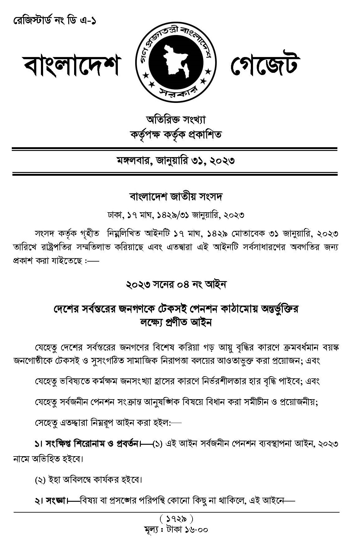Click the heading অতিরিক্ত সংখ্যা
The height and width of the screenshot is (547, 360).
coord(176,120)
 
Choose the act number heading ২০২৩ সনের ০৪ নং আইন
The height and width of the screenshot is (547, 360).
coord(176,284)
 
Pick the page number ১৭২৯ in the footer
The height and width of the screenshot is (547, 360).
coord(176,518)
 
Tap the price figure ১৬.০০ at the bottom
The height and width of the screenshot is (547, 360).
coord(196,529)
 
